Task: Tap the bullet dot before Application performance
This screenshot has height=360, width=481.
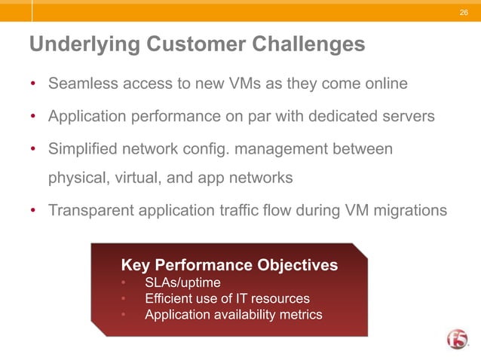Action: click(x=33, y=117)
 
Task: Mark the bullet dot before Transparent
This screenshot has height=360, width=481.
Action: click(x=33, y=209)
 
